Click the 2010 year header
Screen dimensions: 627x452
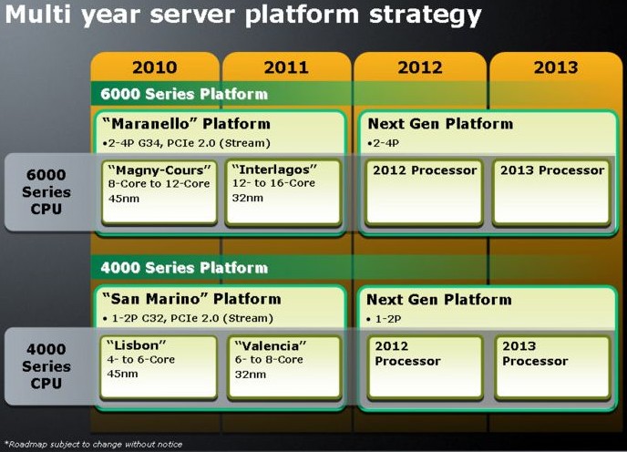155,67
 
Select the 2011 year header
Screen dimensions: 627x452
286,67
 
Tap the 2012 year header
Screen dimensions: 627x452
420,67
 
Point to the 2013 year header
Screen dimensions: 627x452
556,67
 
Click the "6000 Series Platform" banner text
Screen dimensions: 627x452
184,94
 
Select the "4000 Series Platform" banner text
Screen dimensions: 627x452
184,268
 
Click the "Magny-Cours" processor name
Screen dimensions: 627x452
159,170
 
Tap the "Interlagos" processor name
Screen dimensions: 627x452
274,169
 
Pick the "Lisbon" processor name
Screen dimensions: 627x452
136,344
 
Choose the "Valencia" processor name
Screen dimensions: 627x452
271,345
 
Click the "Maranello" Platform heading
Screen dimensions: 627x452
186,124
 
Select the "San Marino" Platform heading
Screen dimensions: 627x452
191,299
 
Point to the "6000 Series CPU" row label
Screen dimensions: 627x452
46,191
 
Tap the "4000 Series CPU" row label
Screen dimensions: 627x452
46,366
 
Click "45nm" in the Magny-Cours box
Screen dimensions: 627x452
124,199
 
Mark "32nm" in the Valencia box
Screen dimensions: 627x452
251,375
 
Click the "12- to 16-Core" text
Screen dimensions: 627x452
274,183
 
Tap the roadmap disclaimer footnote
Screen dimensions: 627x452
93,444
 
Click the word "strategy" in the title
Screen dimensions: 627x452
425,15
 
